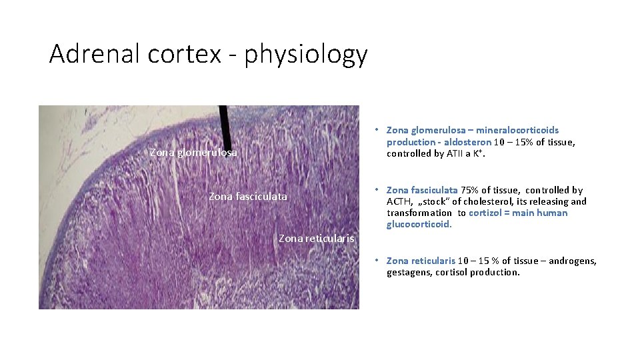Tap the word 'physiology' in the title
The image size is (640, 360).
click(306, 55)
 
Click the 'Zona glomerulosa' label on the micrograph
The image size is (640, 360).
click(193, 153)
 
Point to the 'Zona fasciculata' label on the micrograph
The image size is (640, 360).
click(248, 197)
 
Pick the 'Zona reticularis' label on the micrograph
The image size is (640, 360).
click(317, 238)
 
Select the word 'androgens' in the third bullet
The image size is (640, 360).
click(573, 261)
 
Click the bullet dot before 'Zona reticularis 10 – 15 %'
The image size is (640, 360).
click(377, 261)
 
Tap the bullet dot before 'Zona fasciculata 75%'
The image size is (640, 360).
click(377, 190)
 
